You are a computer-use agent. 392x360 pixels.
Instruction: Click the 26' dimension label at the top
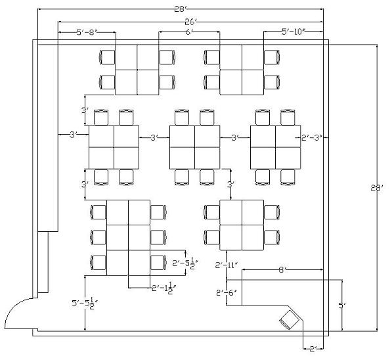tap(191, 22)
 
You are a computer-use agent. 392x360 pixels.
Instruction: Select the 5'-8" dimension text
tap(87, 32)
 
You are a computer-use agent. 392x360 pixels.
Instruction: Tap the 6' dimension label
tap(189, 32)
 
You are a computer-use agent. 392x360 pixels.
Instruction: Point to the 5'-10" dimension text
tap(294, 32)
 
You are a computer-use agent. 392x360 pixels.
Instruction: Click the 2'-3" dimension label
tap(312, 137)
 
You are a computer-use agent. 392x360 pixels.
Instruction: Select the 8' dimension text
tap(282, 270)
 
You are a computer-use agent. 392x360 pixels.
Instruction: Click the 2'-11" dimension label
tap(227, 265)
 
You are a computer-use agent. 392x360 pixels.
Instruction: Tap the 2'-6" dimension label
tap(227, 292)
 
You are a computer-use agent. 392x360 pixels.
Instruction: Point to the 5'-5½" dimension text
tap(85, 304)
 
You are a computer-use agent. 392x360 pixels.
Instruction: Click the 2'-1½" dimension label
tap(164, 288)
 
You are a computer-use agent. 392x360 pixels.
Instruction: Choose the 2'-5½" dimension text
tap(185, 263)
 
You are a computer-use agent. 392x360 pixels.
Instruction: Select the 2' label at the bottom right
tap(313, 349)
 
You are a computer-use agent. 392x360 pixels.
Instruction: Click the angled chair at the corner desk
tap(290, 319)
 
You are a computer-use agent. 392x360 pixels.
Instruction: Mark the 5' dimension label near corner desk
tap(341, 305)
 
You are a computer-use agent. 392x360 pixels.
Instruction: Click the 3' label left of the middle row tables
tap(74, 135)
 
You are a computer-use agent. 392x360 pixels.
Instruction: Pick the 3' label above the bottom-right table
tap(230, 185)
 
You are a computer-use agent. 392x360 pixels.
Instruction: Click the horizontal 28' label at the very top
tap(181, 9)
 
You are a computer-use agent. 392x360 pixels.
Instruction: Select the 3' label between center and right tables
tap(235, 137)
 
